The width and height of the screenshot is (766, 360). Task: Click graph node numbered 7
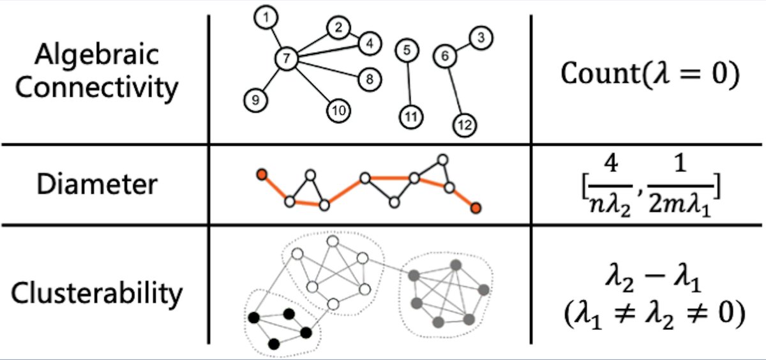click(x=287, y=59)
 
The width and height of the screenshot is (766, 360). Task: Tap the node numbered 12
click(x=465, y=126)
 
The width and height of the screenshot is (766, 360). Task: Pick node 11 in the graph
click(x=411, y=116)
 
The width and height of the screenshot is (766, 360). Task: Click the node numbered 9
click(x=255, y=100)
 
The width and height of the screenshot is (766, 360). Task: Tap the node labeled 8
click(x=370, y=79)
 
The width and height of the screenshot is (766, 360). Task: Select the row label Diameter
click(x=96, y=184)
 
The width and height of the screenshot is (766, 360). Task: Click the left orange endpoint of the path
click(x=260, y=174)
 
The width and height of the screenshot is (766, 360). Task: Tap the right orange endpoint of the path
click(x=476, y=208)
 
